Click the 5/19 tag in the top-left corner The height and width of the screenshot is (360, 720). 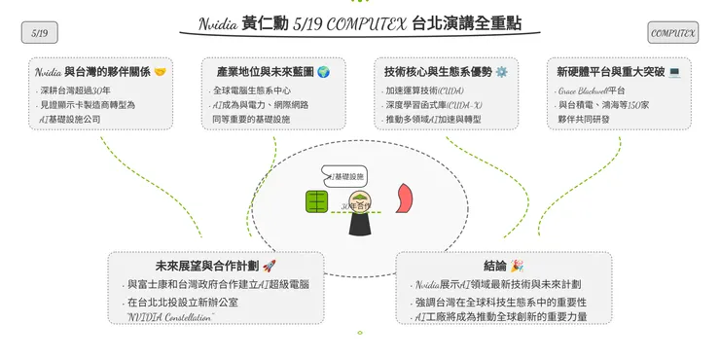pyautogui.click(x=40, y=33)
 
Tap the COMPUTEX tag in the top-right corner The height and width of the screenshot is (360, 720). pyautogui.click(x=673, y=33)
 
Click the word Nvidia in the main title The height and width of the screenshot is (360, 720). pyautogui.click(x=219, y=22)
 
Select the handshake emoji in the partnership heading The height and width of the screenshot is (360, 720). pyautogui.click(x=160, y=72)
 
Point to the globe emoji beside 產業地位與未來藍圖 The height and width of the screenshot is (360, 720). pyautogui.click(x=323, y=72)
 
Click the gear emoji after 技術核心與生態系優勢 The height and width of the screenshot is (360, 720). pyautogui.click(x=501, y=72)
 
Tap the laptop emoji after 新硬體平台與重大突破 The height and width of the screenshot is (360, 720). pyautogui.click(x=674, y=72)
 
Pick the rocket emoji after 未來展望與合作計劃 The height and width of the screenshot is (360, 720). pyautogui.click(x=270, y=266)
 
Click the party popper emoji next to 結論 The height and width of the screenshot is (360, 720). pyautogui.click(x=517, y=266)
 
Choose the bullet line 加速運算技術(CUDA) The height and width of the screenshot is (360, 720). pyautogui.click(x=424, y=90)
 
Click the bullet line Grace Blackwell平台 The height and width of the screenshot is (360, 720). pyautogui.click(x=593, y=90)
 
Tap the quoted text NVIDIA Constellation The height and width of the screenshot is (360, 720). pyautogui.click(x=170, y=316)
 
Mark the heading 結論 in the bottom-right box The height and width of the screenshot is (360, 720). pyautogui.click(x=493, y=266)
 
